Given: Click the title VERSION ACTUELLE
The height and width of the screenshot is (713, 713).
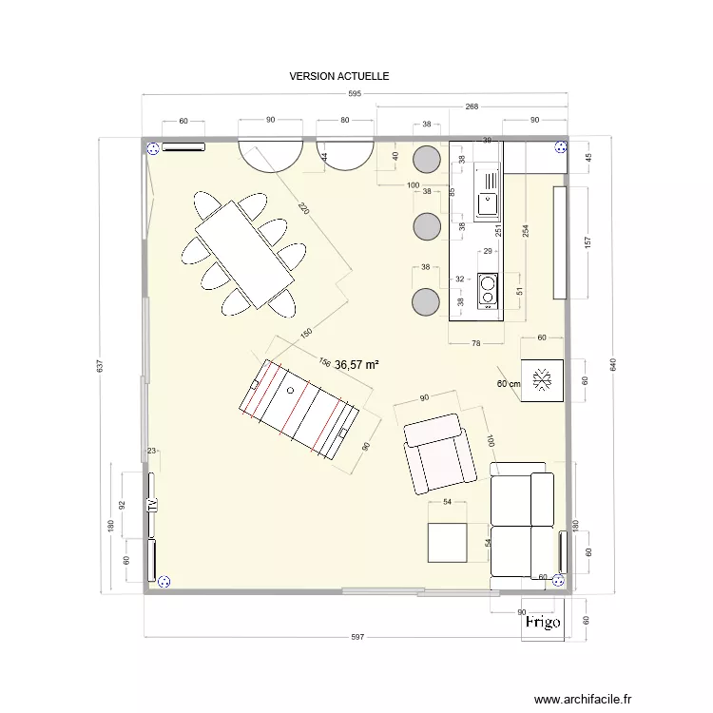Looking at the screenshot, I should pyautogui.click(x=339, y=75).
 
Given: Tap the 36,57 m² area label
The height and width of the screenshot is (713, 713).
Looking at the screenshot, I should pyautogui.click(x=357, y=364).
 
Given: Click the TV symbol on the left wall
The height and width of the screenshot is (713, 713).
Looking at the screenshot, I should pyautogui.click(x=151, y=505).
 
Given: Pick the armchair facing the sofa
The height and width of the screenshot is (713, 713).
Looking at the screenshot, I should pyautogui.click(x=438, y=453).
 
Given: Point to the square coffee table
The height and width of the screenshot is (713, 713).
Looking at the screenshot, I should pyautogui.click(x=447, y=543).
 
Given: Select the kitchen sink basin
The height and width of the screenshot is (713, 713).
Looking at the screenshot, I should pyautogui.click(x=489, y=201).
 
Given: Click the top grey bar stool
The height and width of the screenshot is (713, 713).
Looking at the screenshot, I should pyautogui.click(x=427, y=159).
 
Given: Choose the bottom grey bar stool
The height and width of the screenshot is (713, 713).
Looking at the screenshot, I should pyautogui.click(x=426, y=302).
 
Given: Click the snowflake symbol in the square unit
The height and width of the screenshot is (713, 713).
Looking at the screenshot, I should pyautogui.click(x=544, y=381).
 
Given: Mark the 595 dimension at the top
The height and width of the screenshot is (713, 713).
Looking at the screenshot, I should pyautogui.click(x=355, y=94).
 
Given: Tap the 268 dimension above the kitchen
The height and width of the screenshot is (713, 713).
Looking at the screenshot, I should pyautogui.click(x=472, y=107).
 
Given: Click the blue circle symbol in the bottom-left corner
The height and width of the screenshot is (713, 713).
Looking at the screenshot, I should pyautogui.click(x=164, y=582).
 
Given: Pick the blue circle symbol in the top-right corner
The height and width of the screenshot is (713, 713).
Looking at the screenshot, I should pyautogui.click(x=560, y=147).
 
